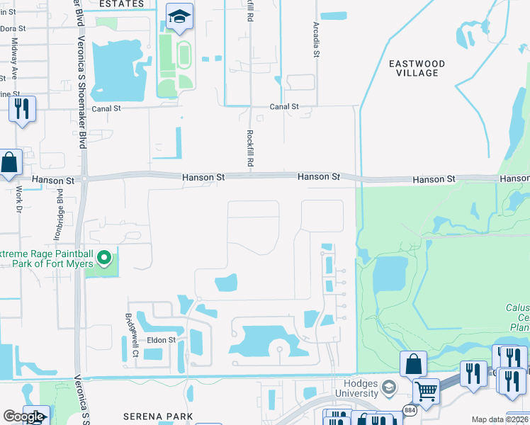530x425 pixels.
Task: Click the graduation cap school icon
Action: click(180, 16)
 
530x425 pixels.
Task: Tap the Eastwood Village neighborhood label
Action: click(417, 68)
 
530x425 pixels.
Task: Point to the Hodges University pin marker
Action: click(388, 387)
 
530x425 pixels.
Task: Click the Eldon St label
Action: click(161, 340)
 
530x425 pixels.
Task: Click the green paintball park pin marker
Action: click(105, 258)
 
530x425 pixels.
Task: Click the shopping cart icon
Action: click(425, 390)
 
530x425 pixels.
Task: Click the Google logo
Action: click(24, 416)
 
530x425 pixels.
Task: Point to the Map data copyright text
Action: click(500, 419)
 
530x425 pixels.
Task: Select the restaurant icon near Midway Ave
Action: click(21, 108)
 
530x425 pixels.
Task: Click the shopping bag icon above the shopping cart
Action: click(413, 364)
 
